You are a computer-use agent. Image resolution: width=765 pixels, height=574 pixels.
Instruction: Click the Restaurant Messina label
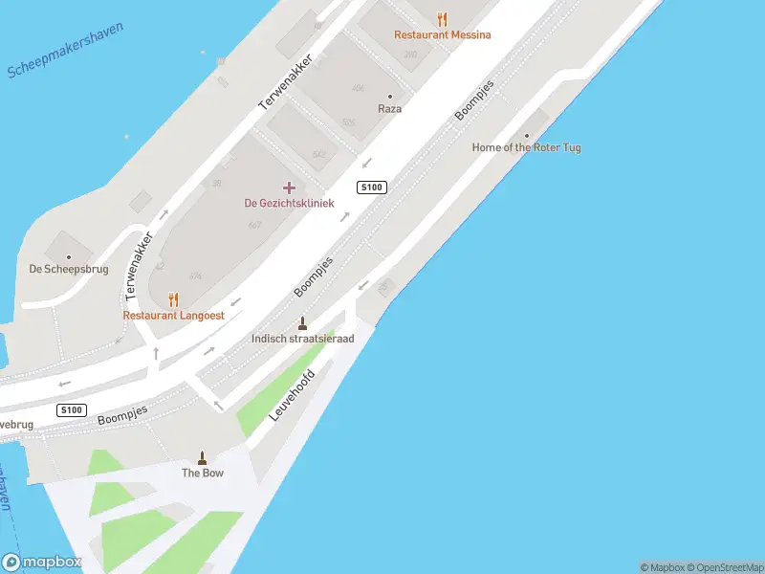click(x=443, y=35)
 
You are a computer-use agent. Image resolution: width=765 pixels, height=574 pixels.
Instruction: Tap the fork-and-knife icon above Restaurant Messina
click(x=442, y=18)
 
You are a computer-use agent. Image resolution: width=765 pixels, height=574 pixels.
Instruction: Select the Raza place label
click(x=389, y=109)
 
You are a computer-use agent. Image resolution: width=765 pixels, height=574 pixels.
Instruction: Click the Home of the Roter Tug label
click(x=526, y=147)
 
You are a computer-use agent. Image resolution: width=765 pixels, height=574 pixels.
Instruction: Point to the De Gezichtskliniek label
click(x=289, y=203)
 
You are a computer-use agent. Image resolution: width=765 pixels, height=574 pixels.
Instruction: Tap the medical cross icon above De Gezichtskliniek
click(x=289, y=188)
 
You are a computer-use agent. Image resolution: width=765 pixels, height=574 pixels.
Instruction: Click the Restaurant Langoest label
click(x=173, y=315)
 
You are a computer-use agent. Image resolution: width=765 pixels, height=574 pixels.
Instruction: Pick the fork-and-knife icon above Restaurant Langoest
click(x=173, y=298)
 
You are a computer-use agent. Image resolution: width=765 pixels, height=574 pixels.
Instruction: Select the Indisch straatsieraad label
click(x=302, y=339)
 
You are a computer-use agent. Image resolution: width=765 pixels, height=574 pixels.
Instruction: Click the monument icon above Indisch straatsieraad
click(x=302, y=322)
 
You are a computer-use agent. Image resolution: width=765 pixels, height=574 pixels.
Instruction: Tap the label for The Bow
click(x=203, y=473)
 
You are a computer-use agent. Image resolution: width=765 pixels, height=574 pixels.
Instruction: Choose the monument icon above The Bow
click(x=202, y=456)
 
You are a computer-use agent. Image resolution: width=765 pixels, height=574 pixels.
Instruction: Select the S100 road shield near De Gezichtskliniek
click(x=372, y=188)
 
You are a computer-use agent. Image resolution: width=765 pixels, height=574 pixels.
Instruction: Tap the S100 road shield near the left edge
click(x=72, y=410)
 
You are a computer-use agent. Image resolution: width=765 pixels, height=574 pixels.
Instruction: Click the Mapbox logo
click(x=41, y=563)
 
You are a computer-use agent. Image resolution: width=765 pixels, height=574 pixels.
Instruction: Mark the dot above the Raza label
click(x=389, y=96)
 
